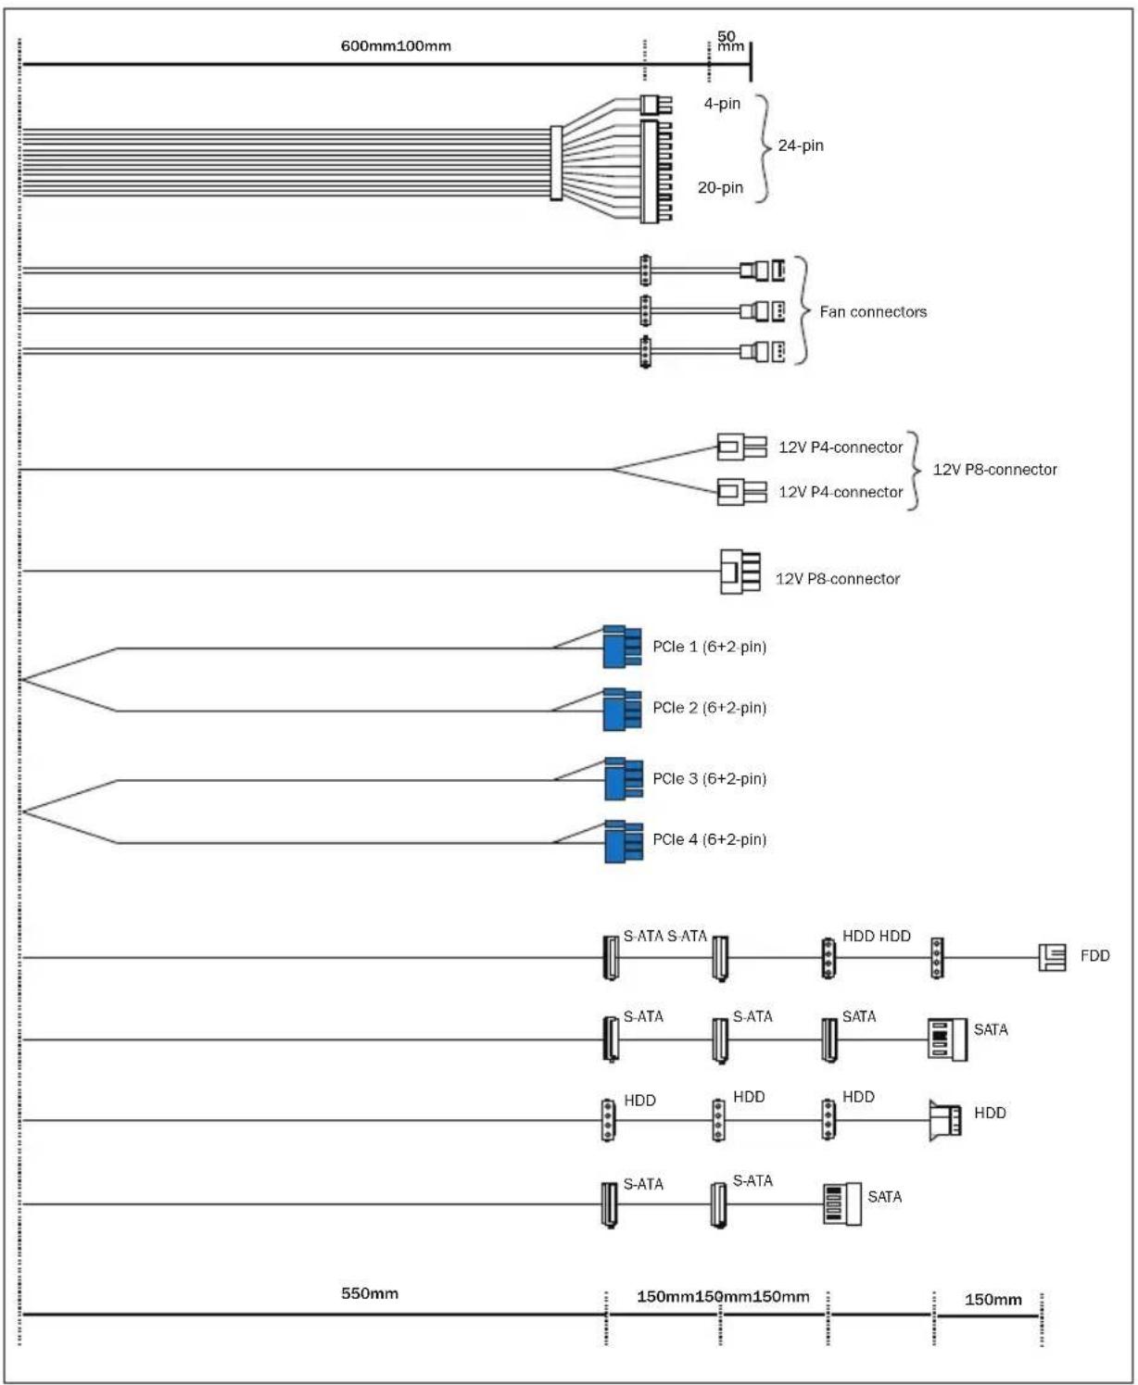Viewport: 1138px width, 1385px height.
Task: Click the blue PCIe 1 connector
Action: (x=621, y=647)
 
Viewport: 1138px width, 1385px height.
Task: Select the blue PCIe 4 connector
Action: (x=623, y=841)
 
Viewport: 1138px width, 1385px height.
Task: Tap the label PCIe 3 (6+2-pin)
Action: (x=709, y=779)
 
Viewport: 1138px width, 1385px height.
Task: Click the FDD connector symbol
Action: (x=1052, y=957)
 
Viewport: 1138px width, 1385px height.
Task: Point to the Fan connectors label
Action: (x=873, y=312)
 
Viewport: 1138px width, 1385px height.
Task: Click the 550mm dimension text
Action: (x=370, y=1293)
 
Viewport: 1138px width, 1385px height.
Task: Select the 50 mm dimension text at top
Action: (x=730, y=42)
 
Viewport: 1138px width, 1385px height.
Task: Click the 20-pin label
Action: (x=720, y=188)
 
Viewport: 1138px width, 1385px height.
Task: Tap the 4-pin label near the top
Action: (x=722, y=104)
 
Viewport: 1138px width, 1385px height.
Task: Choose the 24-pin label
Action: (x=801, y=145)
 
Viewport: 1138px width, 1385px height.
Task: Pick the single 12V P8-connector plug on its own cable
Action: (x=740, y=572)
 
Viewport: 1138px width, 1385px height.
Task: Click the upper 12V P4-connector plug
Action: (x=741, y=447)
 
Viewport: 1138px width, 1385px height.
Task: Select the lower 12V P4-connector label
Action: (x=840, y=492)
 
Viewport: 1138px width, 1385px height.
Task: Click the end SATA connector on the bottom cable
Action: (x=841, y=1204)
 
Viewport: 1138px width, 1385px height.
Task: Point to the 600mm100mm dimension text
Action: (x=396, y=46)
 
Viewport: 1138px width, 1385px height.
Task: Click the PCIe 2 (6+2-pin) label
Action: (x=709, y=708)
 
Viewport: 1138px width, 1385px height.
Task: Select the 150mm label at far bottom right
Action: (x=993, y=1300)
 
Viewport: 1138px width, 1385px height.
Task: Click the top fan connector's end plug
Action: (x=763, y=271)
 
